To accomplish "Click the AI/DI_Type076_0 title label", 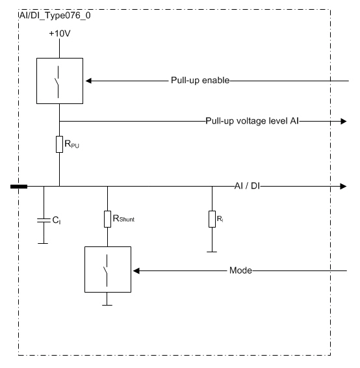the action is [x=55, y=16].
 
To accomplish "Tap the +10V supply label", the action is [x=60, y=33].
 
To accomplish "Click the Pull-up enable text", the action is [x=200, y=81].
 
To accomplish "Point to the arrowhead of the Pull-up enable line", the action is [x=88, y=81].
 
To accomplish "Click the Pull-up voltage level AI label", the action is [x=252, y=121].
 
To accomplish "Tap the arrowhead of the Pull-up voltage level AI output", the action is [x=344, y=122].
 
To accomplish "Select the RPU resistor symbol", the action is [x=59, y=144].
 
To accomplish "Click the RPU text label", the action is [x=71, y=144].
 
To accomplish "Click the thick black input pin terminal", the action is [x=19, y=187].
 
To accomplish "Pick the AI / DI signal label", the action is [x=247, y=186].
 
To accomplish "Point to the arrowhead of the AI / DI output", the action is [x=344, y=187].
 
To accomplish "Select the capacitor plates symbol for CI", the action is [x=44, y=220].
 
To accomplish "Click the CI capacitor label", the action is [x=57, y=220].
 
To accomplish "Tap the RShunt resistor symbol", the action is [x=107, y=219].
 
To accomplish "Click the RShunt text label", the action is [x=123, y=218].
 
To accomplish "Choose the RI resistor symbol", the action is [x=212, y=219].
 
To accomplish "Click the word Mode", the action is [x=240, y=270].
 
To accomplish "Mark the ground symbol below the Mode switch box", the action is [x=107, y=305].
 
